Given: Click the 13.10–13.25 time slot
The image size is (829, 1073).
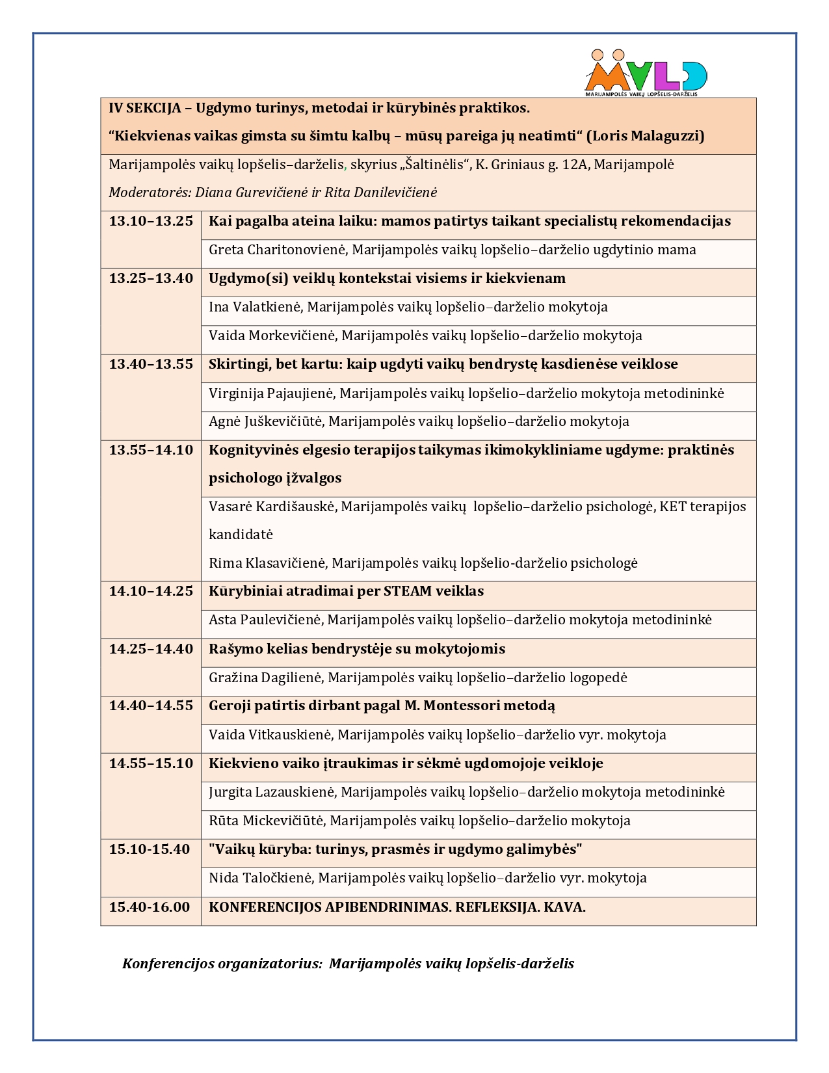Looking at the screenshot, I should click(x=151, y=221).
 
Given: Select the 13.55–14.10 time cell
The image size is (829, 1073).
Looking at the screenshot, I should click(x=151, y=450).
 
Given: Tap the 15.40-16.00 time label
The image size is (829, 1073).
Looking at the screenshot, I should click(x=150, y=907).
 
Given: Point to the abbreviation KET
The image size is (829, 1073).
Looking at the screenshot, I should click(x=674, y=507).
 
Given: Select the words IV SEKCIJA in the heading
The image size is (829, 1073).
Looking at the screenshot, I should click(x=144, y=108).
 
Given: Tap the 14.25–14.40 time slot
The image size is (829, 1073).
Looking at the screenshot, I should click(x=151, y=649).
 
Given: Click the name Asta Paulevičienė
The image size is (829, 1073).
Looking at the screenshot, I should click(x=265, y=620).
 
